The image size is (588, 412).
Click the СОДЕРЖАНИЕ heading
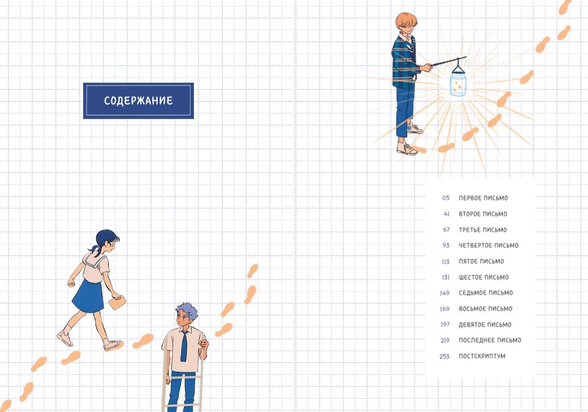[138, 101]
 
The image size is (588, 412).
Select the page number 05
[446, 198]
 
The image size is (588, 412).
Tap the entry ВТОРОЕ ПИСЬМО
[483, 214]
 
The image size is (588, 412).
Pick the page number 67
[446, 229]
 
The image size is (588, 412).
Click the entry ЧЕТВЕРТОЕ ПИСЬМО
[488, 245]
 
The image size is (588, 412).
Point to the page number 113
[445, 262]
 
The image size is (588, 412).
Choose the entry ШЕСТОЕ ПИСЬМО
[484, 277]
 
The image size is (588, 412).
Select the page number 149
[445, 293]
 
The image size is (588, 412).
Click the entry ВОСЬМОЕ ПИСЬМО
[485, 309]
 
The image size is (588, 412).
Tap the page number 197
[445, 324]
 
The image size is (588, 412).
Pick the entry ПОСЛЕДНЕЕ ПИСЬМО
[490, 340]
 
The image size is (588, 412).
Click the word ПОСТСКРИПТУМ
[482, 356]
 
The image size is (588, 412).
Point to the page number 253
[445, 356]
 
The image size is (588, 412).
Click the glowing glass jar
[458, 85]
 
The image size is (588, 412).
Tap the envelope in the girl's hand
[117, 303]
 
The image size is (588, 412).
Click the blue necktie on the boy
[184, 346]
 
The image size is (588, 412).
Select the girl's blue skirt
[88, 296]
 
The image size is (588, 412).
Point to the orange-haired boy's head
[406, 23]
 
